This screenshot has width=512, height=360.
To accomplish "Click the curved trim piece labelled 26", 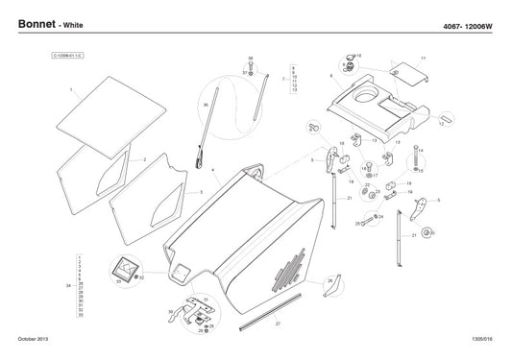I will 318,279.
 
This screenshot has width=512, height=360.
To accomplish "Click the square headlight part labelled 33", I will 123,271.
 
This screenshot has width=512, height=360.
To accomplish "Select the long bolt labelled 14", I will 418,157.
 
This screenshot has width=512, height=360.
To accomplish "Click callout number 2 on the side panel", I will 144,159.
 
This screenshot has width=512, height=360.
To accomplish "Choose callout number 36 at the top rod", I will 251,59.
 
